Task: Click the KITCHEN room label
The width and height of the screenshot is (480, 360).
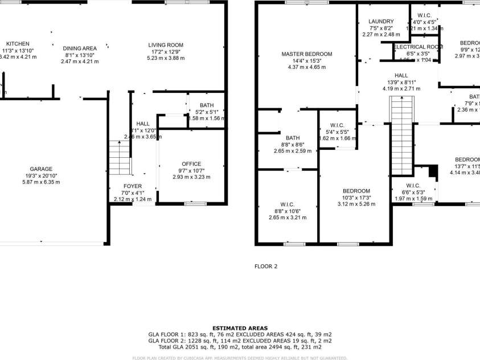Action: (18, 44)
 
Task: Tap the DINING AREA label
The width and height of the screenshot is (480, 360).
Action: (80, 48)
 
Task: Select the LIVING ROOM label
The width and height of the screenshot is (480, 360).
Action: (166, 44)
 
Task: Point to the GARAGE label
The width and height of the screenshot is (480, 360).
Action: (41, 169)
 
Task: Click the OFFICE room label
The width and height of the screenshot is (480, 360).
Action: (191, 164)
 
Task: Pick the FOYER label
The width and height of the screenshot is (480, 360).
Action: (133, 186)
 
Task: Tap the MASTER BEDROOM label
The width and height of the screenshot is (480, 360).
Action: (307, 54)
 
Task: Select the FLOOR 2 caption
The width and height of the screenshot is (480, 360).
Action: (266, 266)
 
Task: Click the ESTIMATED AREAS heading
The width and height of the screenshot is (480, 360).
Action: (240, 328)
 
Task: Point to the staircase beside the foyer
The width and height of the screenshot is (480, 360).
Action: (120, 158)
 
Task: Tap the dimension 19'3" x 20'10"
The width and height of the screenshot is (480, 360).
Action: (41, 175)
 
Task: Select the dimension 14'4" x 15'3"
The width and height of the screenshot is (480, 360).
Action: (307, 61)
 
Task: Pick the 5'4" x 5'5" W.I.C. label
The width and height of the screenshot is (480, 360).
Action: (337, 125)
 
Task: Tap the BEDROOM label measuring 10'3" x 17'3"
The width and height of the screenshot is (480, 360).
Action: (356, 191)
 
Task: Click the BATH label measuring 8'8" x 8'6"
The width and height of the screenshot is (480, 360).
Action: (293, 138)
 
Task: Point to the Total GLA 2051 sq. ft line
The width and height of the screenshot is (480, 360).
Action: (240, 346)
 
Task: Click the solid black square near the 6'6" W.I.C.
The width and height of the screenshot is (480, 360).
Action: (432, 171)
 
